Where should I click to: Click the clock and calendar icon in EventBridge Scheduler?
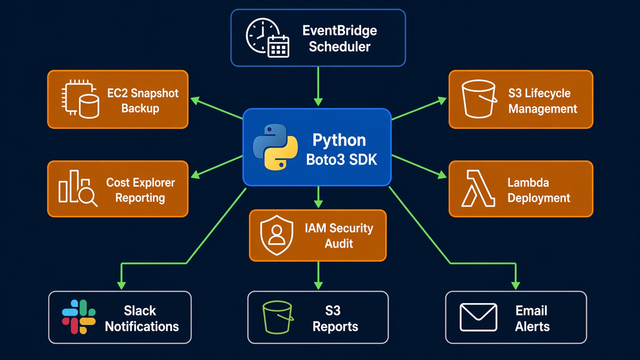pyautogui.click(x=267, y=38)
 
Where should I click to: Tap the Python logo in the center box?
pyautogui.click(x=275, y=147)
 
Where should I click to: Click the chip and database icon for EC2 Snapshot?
pyautogui.click(x=80, y=99)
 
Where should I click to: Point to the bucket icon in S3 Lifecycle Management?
pyautogui.click(x=478, y=99)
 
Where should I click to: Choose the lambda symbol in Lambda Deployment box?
pyautogui.click(x=478, y=189)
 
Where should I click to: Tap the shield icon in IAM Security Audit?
pyautogui.click(x=277, y=235)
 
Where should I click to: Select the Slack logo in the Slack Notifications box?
pyautogui.click(x=79, y=317)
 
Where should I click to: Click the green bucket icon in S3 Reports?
pyautogui.click(x=278, y=317)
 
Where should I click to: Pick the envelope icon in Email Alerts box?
pyautogui.click(x=478, y=317)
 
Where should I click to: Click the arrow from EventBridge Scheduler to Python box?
pyautogui.click(x=318, y=86)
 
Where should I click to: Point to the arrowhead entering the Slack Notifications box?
pyautogui.click(x=121, y=285)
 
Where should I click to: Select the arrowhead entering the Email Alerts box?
pyautogui.click(x=516, y=285)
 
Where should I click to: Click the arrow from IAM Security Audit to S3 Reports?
pyautogui.click(x=318, y=275)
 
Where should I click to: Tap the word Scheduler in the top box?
pyautogui.click(x=340, y=47)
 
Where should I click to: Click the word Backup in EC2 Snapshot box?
pyautogui.click(x=140, y=109)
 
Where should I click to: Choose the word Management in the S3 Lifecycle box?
pyautogui.click(x=542, y=109)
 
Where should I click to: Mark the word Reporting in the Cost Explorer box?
pyautogui.click(x=140, y=198)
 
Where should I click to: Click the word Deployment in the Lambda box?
pyautogui.click(x=539, y=198)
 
